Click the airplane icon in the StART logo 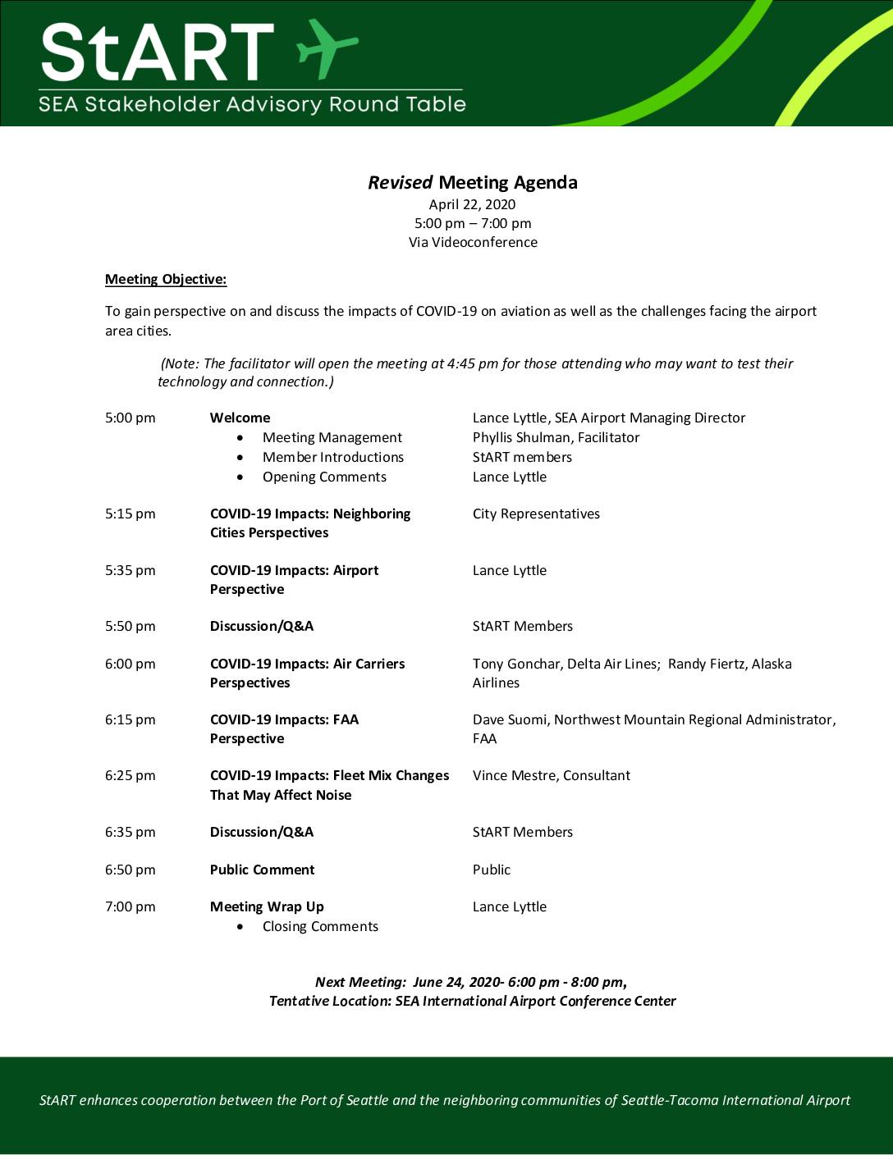pyautogui.click(x=327, y=49)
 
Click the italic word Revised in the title pyautogui.click(x=400, y=182)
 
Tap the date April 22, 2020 pyautogui.click(x=472, y=204)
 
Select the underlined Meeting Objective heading pyautogui.click(x=166, y=279)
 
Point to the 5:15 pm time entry pyautogui.click(x=130, y=514)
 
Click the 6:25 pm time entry pyautogui.click(x=130, y=775)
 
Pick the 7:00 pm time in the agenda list pyautogui.click(x=130, y=906)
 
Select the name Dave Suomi pyautogui.click(x=509, y=719)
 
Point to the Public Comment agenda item pyautogui.click(x=262, y=870)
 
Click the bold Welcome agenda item pyautogui.click(x=240, y=418)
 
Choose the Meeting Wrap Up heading pyautogui.click(x=267, y=906)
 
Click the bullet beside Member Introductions pyautogui.click(x=240, y=458)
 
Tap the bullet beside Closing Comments pyautogui.click(x=240, y=927)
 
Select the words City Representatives pyautogui.click(x=536, y=514)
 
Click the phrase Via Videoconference pyautogui.click(x=473, y=242)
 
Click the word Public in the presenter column pyautogui.click(x=491, y=870)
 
